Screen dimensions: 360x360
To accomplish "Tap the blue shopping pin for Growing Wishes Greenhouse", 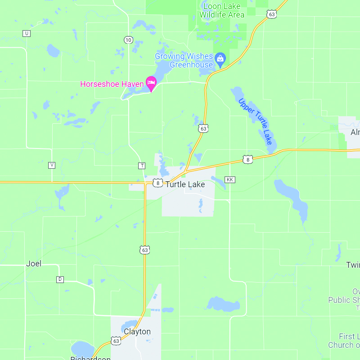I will point(220,58).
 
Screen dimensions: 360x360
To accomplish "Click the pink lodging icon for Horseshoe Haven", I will point(151,82).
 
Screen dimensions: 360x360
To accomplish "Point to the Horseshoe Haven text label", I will point(112,84).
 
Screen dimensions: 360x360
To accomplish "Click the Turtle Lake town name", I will point(185,184).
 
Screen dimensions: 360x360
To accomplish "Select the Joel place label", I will point(34,264).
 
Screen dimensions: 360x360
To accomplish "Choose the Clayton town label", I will point(137,332).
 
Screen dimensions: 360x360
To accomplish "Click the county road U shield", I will point(27,33).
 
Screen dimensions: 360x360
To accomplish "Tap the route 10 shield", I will point(129,40).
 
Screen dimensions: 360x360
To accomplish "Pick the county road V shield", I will point(52,165).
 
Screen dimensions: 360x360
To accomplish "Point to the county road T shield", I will point(142,166).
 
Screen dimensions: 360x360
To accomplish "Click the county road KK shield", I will point(230,180).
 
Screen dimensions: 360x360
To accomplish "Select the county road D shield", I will point(60,279).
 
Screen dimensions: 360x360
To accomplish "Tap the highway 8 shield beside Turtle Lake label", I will point(157,183).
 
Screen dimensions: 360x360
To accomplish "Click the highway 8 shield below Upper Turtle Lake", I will point(247,159).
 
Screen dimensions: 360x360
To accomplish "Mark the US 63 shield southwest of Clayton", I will point(116,341).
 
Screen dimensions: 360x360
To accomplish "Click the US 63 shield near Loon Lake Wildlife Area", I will point(271,14).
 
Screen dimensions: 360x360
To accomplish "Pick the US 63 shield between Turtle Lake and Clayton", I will point(144,250).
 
